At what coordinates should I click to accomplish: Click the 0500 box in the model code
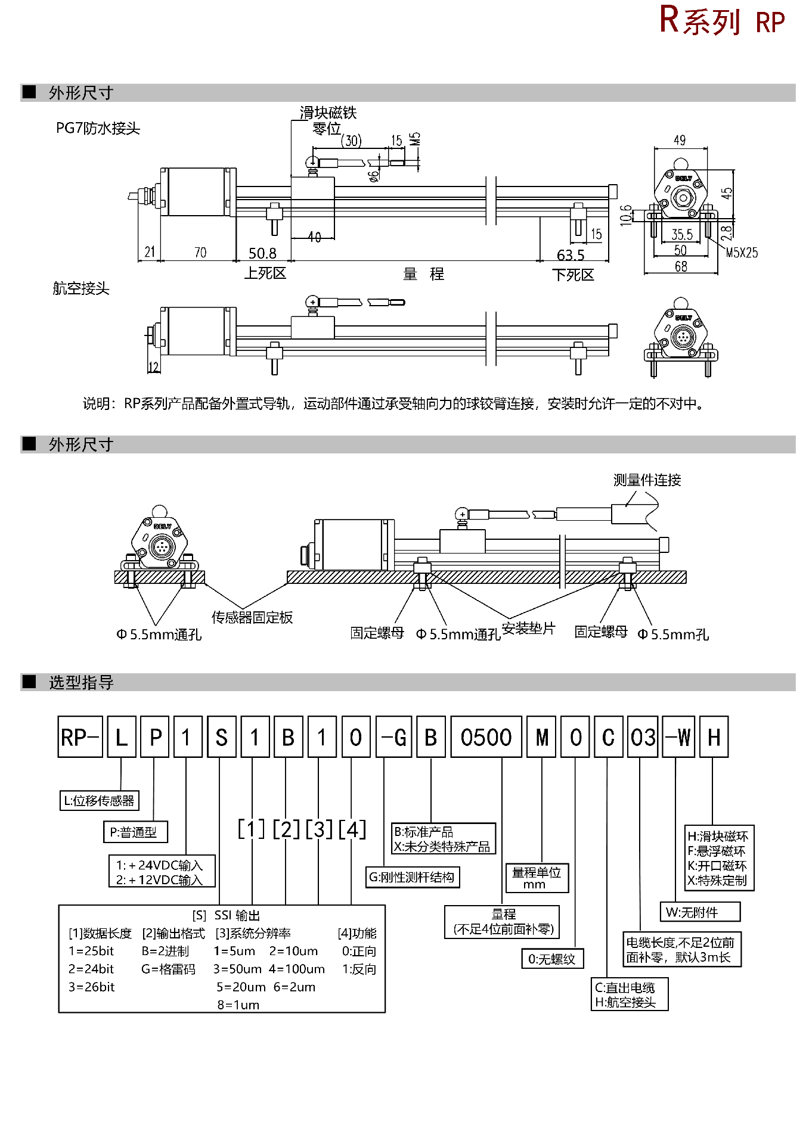click(486, 737)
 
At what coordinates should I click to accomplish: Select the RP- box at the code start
click(80, 737)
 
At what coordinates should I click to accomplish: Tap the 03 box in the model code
click(643, 737)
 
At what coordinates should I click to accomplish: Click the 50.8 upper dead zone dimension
click(262, 254)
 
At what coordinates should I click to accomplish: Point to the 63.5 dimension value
click(571, 256)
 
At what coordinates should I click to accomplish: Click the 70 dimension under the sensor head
click(200, 253)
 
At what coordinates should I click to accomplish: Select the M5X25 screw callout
click(742, 253)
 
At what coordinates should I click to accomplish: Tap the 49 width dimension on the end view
click(680, 141)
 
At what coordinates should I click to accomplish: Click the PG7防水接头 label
click(98, 128)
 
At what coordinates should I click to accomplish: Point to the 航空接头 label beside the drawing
click(81, 288)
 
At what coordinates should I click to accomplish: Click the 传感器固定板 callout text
click(252, 617)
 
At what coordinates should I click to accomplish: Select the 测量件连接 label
click(647, 480)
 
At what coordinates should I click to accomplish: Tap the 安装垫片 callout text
click(528, 629)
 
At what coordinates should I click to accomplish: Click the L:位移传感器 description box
click(99, 801)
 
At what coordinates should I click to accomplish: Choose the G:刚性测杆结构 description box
click(412, 877)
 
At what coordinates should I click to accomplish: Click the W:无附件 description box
click(700, 912)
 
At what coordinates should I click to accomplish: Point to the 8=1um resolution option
click(238, 1005)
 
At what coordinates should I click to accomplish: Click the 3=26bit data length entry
click(91, 987)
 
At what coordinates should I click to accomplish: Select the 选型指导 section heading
click(81, 683)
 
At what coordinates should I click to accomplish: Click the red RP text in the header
click(770, 23)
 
